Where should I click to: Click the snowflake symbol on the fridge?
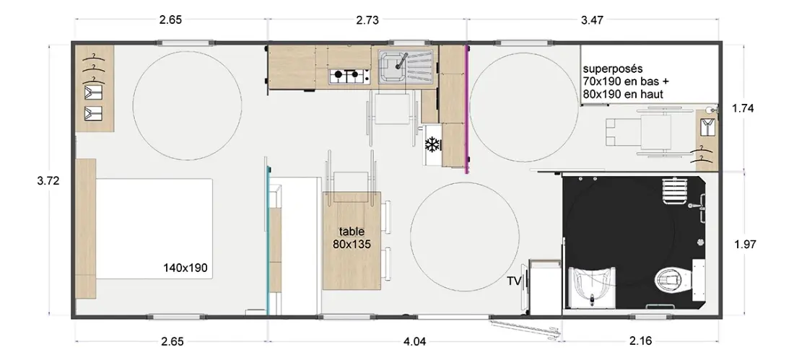pyautogui.click(x=432, y=145)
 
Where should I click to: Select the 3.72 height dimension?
pyautogui.click(x=48, y=181)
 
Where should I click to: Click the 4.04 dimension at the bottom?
pyautogui.click(x=415, y=341)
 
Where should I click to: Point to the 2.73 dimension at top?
pyautogui.click(x=367, y=20)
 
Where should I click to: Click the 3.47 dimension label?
pyautogui.click(x=593, y=20)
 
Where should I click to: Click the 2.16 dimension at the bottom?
pyautogui.click(x=640, y=341)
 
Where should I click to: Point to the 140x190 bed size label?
pyautogui.click(x=186, y=268)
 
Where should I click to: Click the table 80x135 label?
pyautogui.click(x=352, y=237)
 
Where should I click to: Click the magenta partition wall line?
pyautogui.click(x=466, y=109)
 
